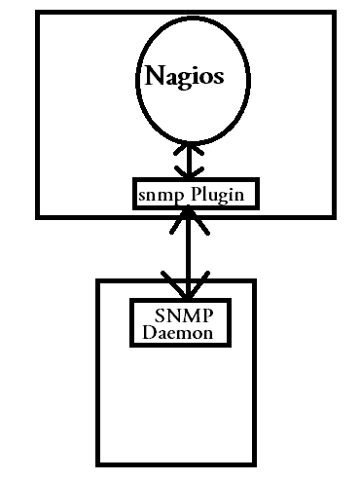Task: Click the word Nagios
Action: [184, 78]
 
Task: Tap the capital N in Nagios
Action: [154, 77]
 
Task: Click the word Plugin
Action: [221, 194]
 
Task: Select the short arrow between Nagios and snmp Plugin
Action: [185, 163]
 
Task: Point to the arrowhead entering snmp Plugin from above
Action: [185, 175]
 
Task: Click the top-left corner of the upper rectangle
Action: [36, 13]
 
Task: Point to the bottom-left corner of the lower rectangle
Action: [98, 463]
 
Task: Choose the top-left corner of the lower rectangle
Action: [98, 281]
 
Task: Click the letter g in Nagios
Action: [182, 81]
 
